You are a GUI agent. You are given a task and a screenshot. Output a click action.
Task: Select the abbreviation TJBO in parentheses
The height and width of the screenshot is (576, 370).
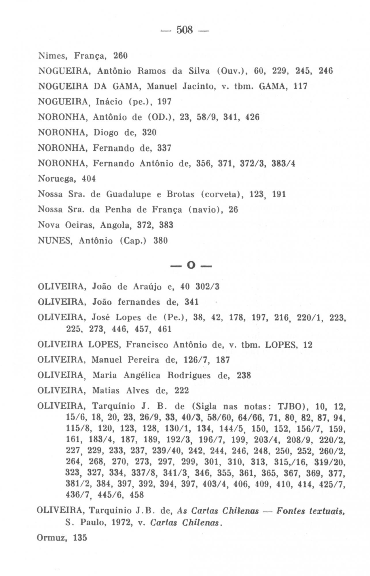coord(291,407)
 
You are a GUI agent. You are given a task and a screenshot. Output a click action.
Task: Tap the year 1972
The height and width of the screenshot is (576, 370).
coord(117,522)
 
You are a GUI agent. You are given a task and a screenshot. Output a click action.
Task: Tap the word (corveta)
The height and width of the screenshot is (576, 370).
coord(221,194)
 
